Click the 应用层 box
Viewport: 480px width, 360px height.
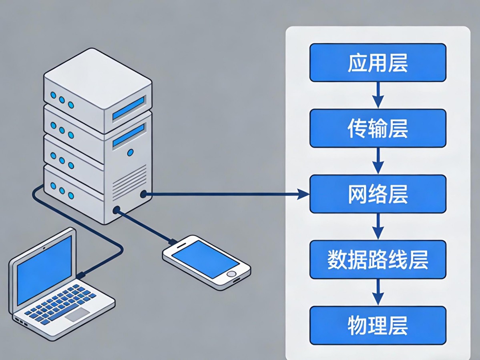pyautogui.click(x=378, y=63)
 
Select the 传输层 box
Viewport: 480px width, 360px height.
pyautogui.click(x=378, y=128)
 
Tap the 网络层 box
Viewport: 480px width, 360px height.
pyautogui.click(x=378, y=194)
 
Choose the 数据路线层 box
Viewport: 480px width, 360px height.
pyautogui.click(x=378, y=260)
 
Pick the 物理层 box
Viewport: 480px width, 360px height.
pyautogui.click(x=378, y=325)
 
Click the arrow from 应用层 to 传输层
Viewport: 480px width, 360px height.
pyautogui.click(x=378, y=95)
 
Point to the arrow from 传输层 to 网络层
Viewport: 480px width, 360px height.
pyautogui.click(x=378, y=161)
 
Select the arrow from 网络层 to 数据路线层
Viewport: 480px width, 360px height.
pyautogui.click(x=378, y=226)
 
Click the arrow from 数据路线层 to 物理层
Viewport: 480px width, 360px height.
pyautogui.click(x=378, y=292)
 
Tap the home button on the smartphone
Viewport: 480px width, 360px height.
pyautogui.click(x=232, y=274)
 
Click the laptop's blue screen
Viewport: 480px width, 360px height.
pyautogui.click(x=44, y=269)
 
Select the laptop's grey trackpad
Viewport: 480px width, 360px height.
pyautogui.click(x=77, y=314)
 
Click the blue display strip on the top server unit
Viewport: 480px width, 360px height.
pyautogui.click(x=128, y=108)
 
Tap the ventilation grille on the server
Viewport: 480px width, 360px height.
pyautogui.click(x=129, y=182)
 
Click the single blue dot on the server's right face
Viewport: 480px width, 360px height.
pyautogui.click(x=130, y=152)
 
